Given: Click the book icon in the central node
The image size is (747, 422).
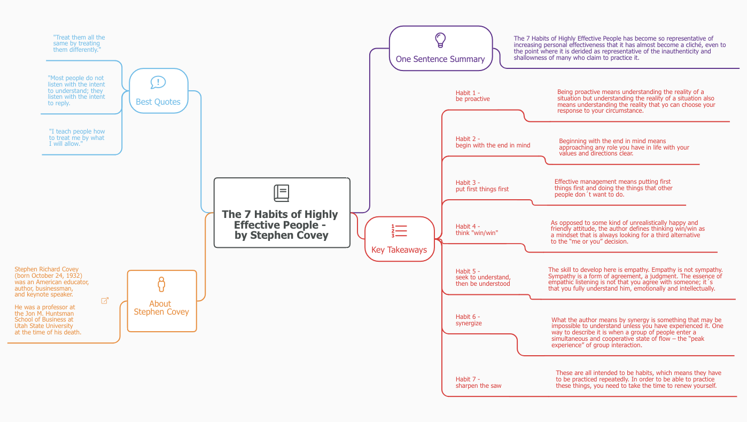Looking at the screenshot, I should (282, 193).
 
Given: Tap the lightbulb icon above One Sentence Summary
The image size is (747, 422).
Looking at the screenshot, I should (440, 40).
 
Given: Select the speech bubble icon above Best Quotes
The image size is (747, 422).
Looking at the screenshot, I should (158, 82).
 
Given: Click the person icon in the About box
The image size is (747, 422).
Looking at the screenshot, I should (161, 284).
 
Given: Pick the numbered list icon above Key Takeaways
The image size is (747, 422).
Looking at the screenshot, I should (399, 231).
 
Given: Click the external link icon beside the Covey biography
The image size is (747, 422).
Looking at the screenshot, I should (105, 301).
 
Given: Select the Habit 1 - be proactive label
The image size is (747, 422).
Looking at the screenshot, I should (472, 96).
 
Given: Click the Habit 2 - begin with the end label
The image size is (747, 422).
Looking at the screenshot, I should (493, 142).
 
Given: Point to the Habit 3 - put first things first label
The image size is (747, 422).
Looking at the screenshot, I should (482, 186).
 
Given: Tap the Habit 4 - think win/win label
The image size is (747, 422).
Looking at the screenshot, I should (477, 230).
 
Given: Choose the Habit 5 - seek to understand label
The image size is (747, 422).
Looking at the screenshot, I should (483, 277).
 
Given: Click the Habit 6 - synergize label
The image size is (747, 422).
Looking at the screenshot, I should (469, 320).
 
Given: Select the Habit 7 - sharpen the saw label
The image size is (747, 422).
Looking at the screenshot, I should (478, 382).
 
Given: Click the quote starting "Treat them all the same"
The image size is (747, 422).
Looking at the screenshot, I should (79, 44).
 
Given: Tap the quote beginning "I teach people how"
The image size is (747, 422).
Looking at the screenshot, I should (77, 137).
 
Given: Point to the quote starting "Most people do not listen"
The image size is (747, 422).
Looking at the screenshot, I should (76, 90).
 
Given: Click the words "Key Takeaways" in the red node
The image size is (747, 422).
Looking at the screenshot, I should (399, 250).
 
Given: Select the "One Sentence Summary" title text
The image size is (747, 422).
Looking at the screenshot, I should (440, 59).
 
